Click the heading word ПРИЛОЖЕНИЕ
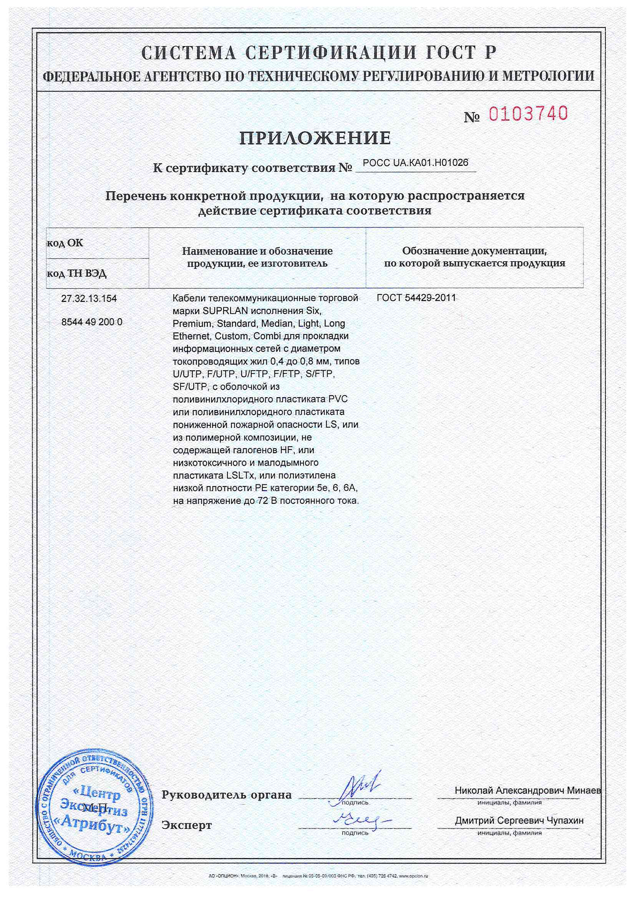point(315,138)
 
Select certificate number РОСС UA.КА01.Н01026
point(416,163)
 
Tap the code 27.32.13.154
point(89,299)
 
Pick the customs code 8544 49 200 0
point(92,322)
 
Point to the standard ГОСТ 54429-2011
point(416,298)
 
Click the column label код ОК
point(65,243)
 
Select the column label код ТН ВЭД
point(77,273)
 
